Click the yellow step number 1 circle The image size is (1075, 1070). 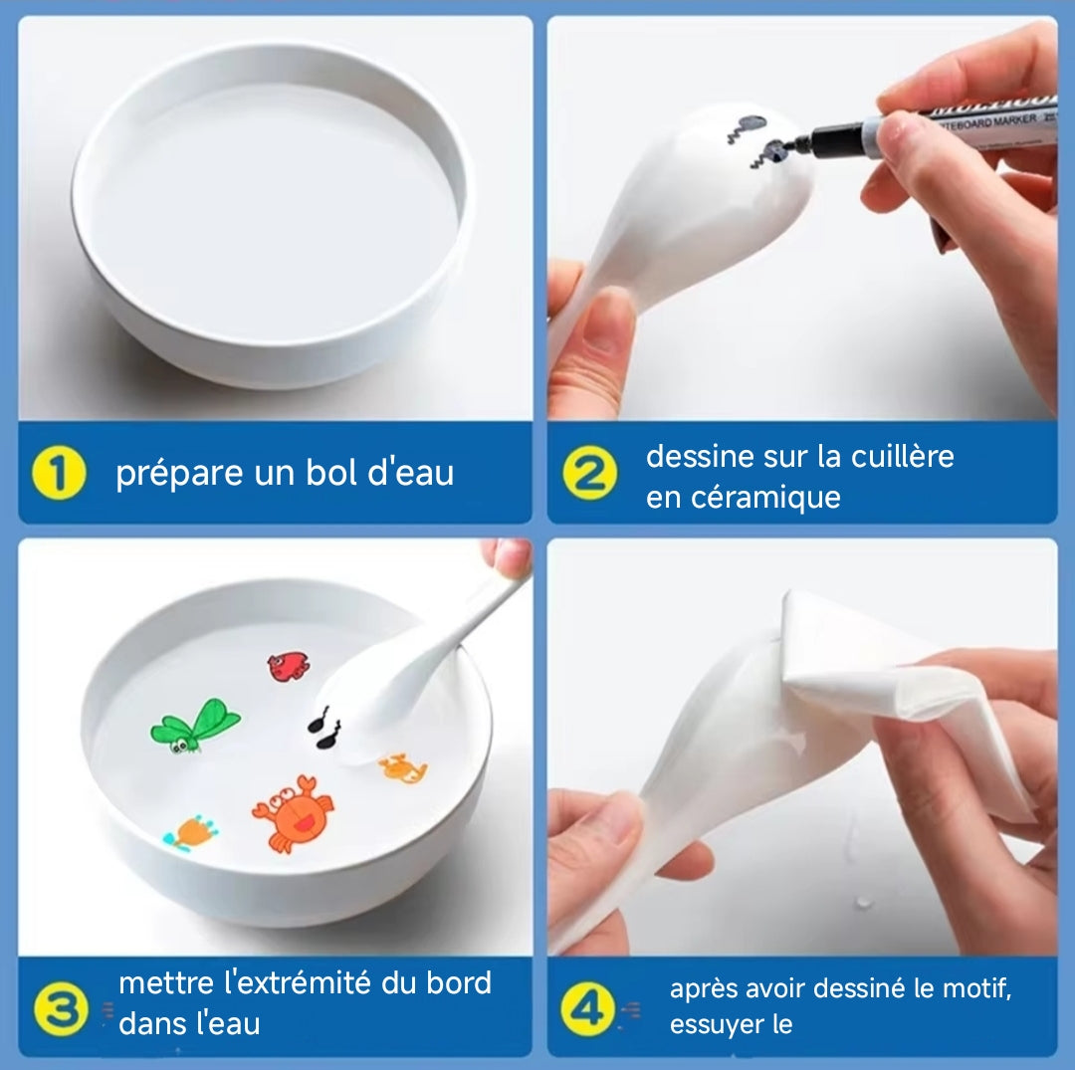click(59, 474)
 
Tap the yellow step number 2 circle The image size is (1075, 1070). click(589, 474)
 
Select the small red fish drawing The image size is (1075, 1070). click(289, 666)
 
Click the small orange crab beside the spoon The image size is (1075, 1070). click(403, 766)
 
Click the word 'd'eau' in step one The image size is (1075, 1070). click(411, 473)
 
